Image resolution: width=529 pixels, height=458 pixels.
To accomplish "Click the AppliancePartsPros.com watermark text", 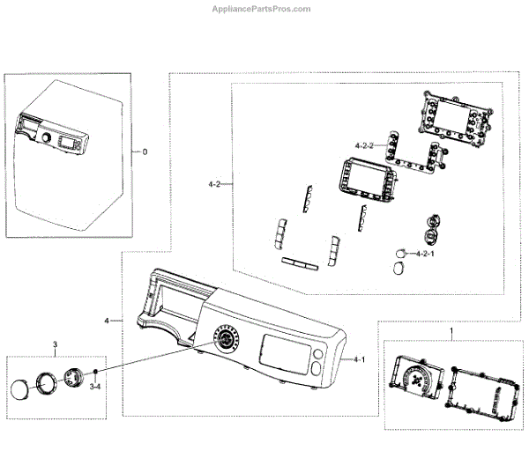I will [264, 9].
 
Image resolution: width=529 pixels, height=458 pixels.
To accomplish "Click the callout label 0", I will [145, 151].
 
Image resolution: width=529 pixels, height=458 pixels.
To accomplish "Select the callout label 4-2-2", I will [365, 144].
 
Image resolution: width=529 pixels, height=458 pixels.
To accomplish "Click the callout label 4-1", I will [360, 360].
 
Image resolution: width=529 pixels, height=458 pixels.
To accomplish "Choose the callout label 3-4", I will [93, 388].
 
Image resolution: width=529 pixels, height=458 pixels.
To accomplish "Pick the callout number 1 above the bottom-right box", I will [452, 332].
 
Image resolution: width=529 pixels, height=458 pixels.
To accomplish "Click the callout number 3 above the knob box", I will [55, 343].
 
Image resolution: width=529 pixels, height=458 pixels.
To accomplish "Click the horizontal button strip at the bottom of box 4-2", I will [297, 262].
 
